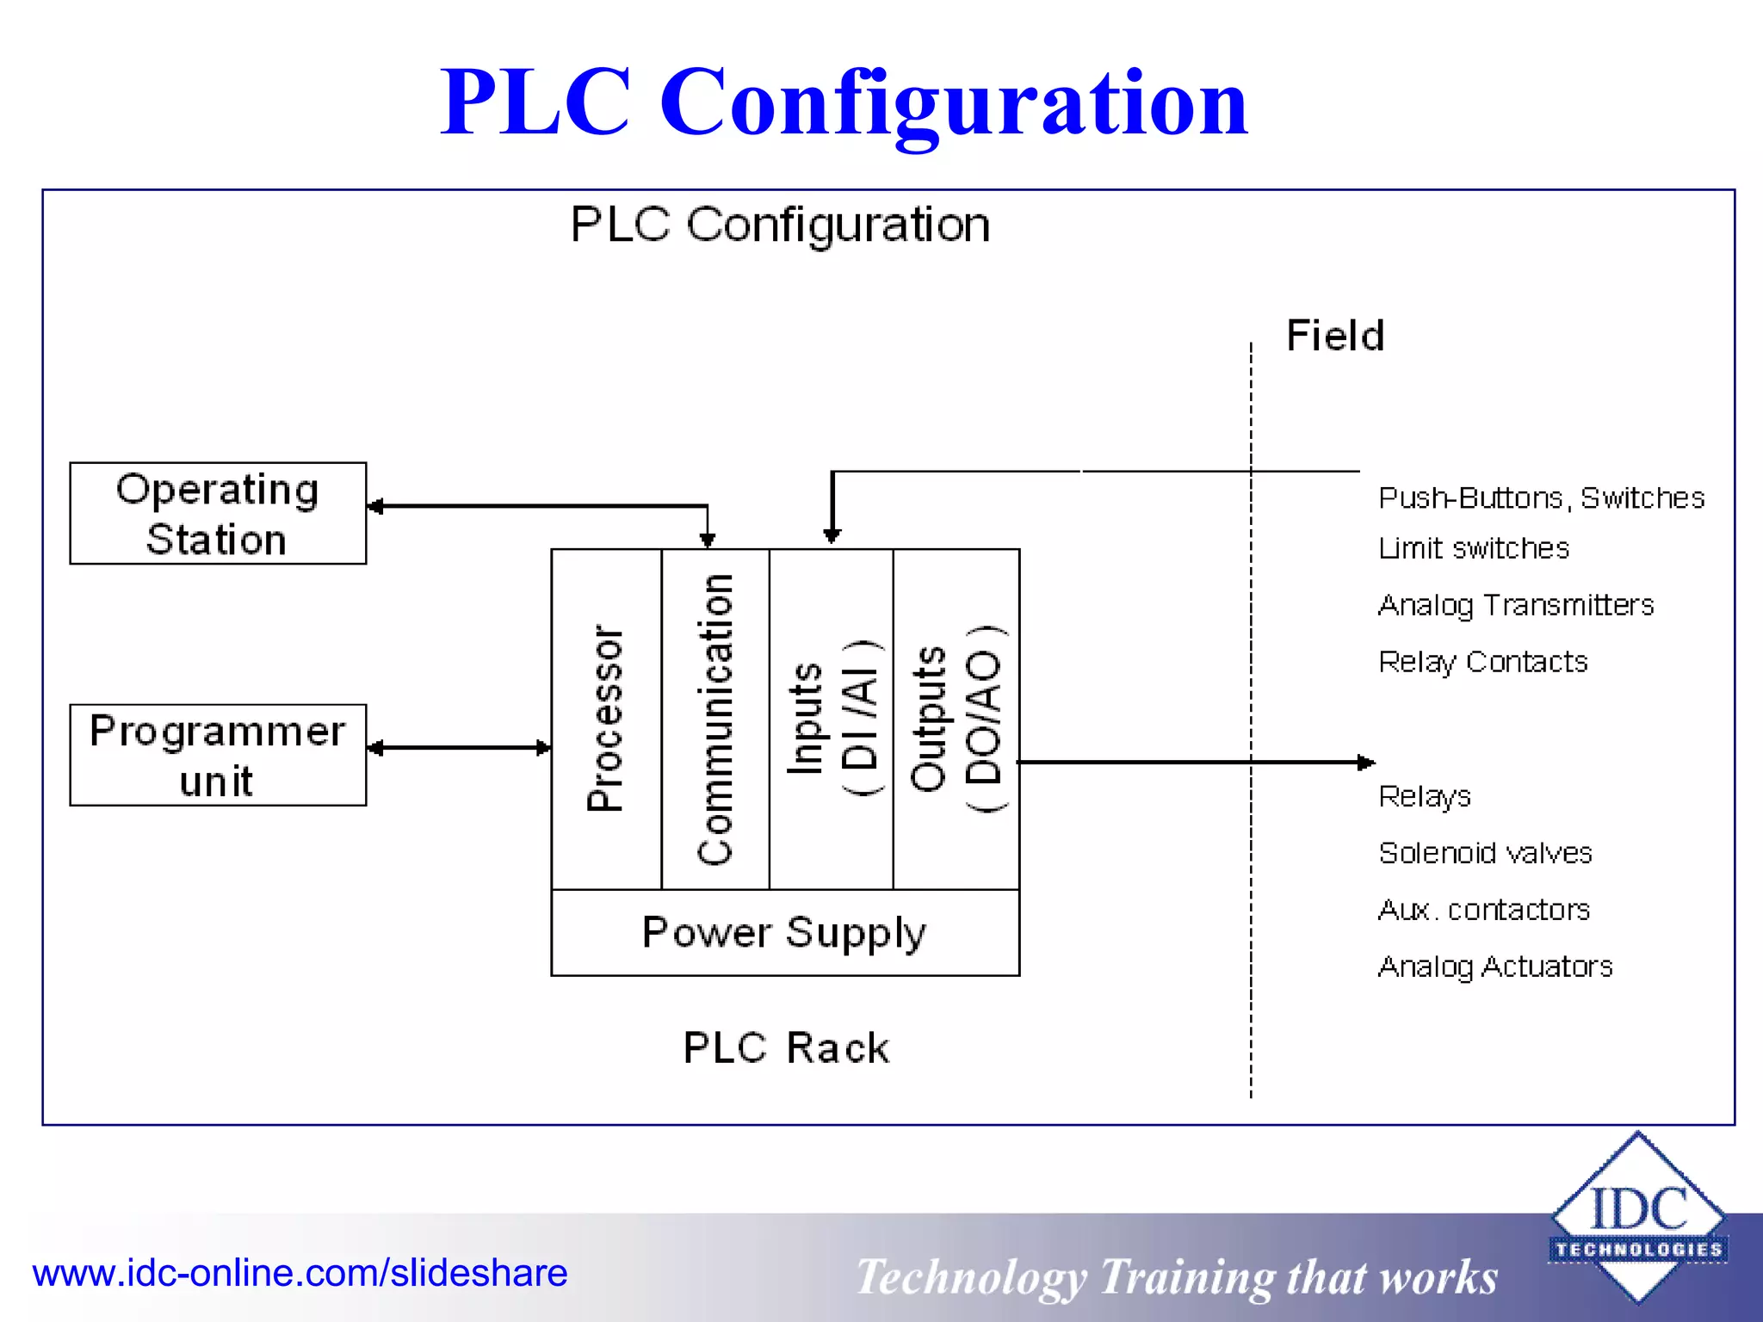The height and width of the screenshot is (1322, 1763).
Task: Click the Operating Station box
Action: tap(218, 514)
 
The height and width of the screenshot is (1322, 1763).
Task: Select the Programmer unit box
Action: tap(218, 756)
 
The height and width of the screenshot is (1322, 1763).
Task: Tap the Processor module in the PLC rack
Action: tap(606, 719)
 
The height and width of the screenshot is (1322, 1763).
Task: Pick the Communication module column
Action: tap(715, 719)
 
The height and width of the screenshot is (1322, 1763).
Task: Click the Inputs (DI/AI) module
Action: tap(832, 719)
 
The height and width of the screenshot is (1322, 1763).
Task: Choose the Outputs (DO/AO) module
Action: tap(956, 719)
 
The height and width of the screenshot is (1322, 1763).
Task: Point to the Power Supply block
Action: tap(785, 933)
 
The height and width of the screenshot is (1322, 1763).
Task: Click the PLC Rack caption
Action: tap(786, 1048)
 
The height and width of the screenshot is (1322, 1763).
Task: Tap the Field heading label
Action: tap(1335, 336)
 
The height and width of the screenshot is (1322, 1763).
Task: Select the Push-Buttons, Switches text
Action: tap(1541, 498)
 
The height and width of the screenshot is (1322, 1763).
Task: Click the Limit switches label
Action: tap(1474, 548)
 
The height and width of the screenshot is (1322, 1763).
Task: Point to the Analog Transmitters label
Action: tap(1516, 605)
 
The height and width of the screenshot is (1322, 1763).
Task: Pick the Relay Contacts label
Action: tap(1482, 662)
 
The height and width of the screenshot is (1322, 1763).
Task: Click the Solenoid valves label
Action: tap(1485, 853)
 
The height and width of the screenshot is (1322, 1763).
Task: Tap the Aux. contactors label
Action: tap(1484, 910)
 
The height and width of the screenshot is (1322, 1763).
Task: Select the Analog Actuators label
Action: tap(1495, 967)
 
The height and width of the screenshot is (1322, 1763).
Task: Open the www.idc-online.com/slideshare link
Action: tap(300, 1273)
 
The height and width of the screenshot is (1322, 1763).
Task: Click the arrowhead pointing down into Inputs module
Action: tap(832, 536)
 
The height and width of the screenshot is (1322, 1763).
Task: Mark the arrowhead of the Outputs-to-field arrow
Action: tap(1366, 763)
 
